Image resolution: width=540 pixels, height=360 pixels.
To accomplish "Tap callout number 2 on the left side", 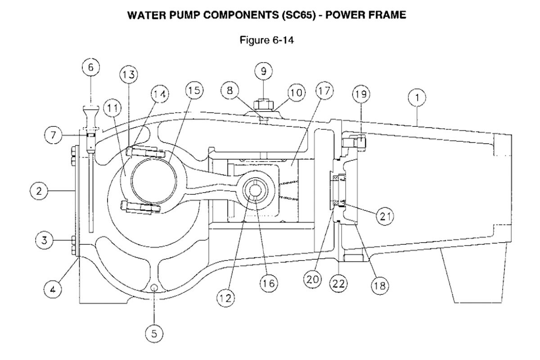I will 39,191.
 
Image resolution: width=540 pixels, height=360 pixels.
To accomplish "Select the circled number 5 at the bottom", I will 154,333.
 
